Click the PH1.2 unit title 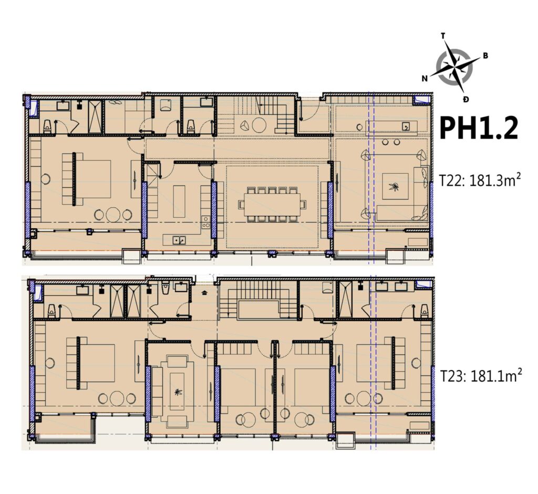coord(479,129)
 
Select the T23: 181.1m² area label coord(480,376)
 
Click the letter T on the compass coord(443,36)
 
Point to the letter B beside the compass coord(485,56)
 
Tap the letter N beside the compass coord(424,79)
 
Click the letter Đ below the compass coord(465,99)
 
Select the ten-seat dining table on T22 coord(272,203)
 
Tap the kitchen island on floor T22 coord(179,201)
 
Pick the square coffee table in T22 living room coord(395,186)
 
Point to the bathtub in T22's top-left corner coord(33,108)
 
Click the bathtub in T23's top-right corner coord(422,285)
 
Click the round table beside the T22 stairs coord(258,125)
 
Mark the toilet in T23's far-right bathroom coord(423,311)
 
